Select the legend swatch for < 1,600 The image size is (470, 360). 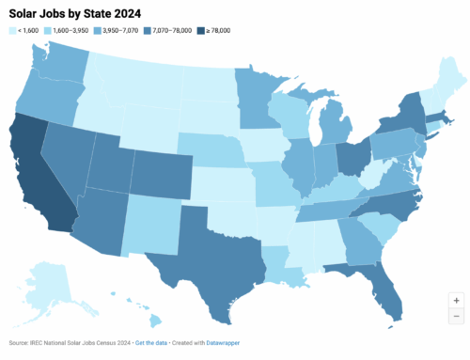click(x=12, y=32)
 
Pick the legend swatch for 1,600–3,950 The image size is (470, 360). click(x=54, y=32)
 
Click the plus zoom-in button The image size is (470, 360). click(x=456, y=300)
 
